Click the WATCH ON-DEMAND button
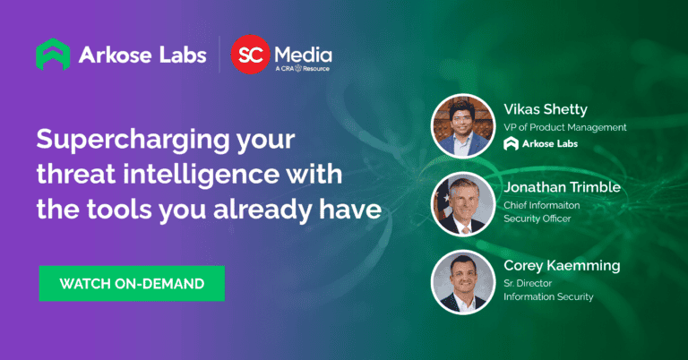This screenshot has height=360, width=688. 132,284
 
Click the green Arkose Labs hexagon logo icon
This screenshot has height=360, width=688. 52,55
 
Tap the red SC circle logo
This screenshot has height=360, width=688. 251,55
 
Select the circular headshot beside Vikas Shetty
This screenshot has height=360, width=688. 462,125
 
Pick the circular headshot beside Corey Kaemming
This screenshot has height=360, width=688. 462,281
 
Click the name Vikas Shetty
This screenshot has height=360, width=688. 546,110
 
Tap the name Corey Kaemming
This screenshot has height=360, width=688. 561,266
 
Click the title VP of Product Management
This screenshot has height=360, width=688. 564,127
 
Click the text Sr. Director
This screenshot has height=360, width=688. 528,283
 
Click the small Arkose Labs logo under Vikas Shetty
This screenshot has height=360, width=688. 542,144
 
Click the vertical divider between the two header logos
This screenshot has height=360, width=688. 217,55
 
